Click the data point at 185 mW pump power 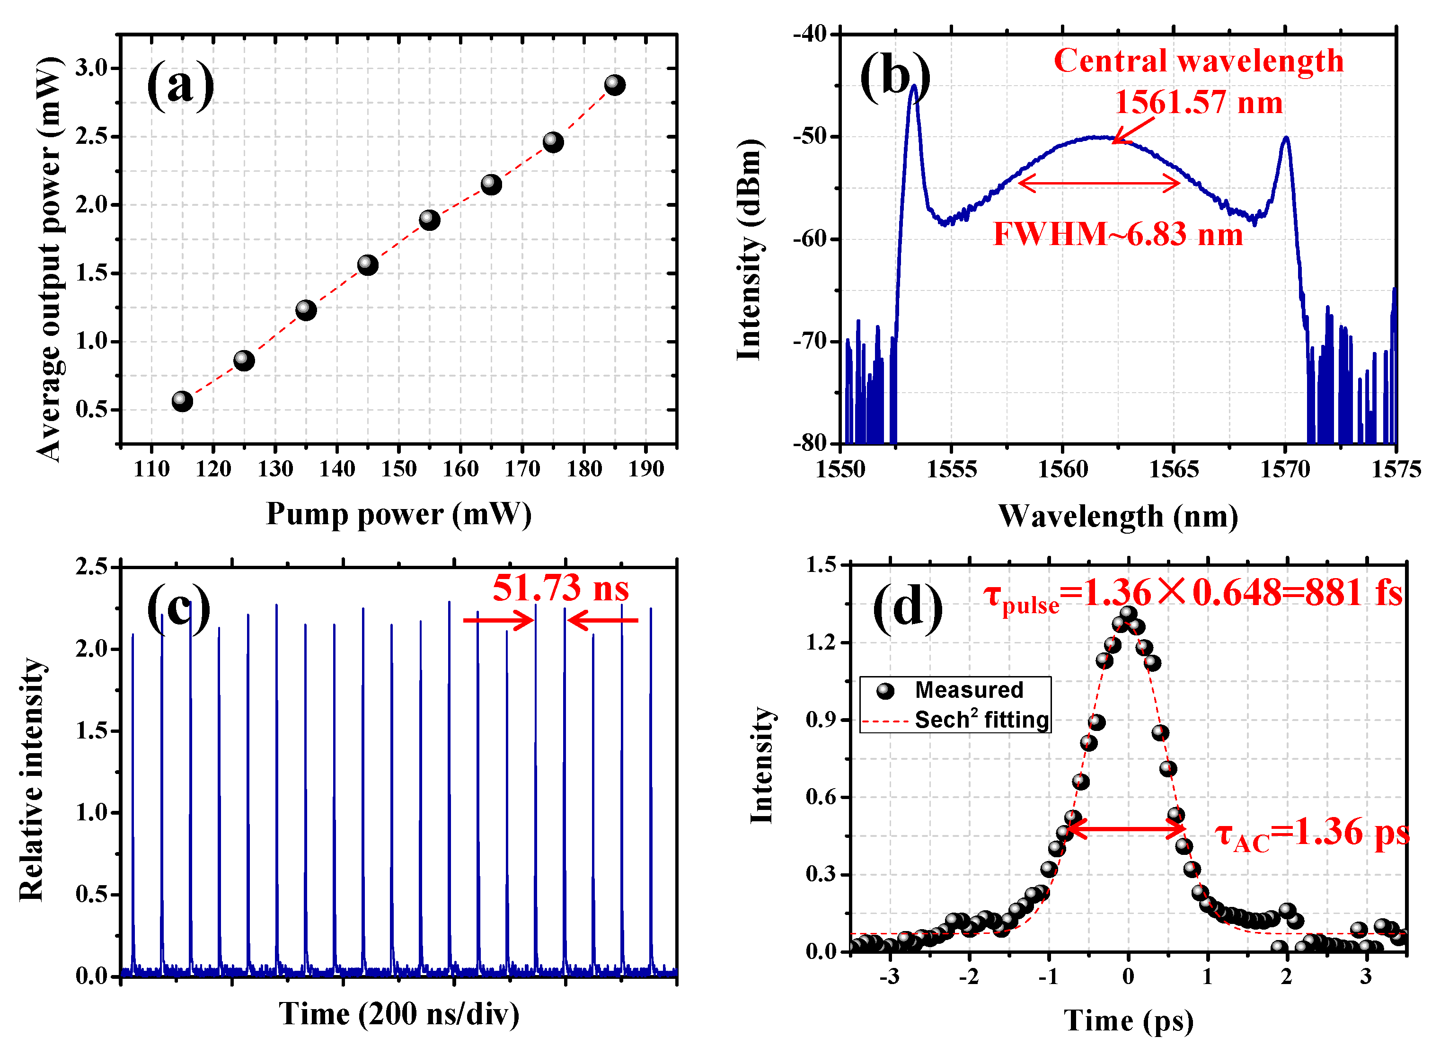pos(615,85)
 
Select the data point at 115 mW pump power pos(182,401)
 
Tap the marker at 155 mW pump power pos(429,220)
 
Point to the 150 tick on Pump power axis pos(398,469)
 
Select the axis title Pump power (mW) pos(398,514)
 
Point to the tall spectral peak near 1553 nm pos(914,86)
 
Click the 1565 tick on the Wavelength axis pos(1174,469)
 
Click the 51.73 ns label pos(560,588)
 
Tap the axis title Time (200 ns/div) pos(398,1014)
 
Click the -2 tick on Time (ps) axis pos(969,977)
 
